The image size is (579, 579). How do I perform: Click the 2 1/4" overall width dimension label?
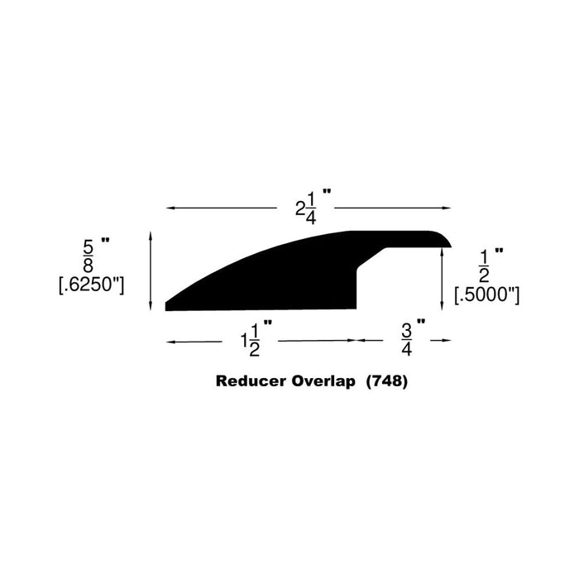(313, 207)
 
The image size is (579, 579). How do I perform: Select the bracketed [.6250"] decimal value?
(92, 285)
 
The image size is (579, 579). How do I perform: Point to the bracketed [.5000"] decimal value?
(486, 294)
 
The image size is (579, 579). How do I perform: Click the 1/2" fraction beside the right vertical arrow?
(490, 266)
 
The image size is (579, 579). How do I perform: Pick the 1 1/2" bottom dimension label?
(256, 339)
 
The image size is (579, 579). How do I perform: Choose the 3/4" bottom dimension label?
(413, 337)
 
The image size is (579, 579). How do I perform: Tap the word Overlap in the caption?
(323, 382)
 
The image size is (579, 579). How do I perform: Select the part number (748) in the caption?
(387, 382)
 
